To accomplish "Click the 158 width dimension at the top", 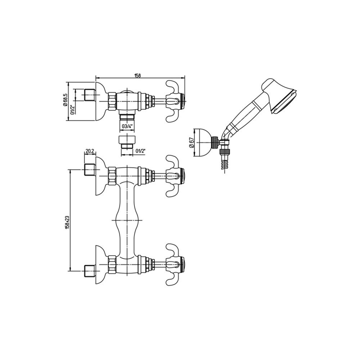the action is coord(138,75).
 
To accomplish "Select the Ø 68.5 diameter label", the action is coord(65,100).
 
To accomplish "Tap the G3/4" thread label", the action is coord(127,126).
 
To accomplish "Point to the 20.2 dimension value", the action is coord(90,151).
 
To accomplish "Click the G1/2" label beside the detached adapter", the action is coord(140,151).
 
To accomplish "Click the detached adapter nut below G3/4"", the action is coord(127,142).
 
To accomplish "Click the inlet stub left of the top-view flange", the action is coord(90,95).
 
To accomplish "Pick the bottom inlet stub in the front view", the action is coord(90,271).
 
